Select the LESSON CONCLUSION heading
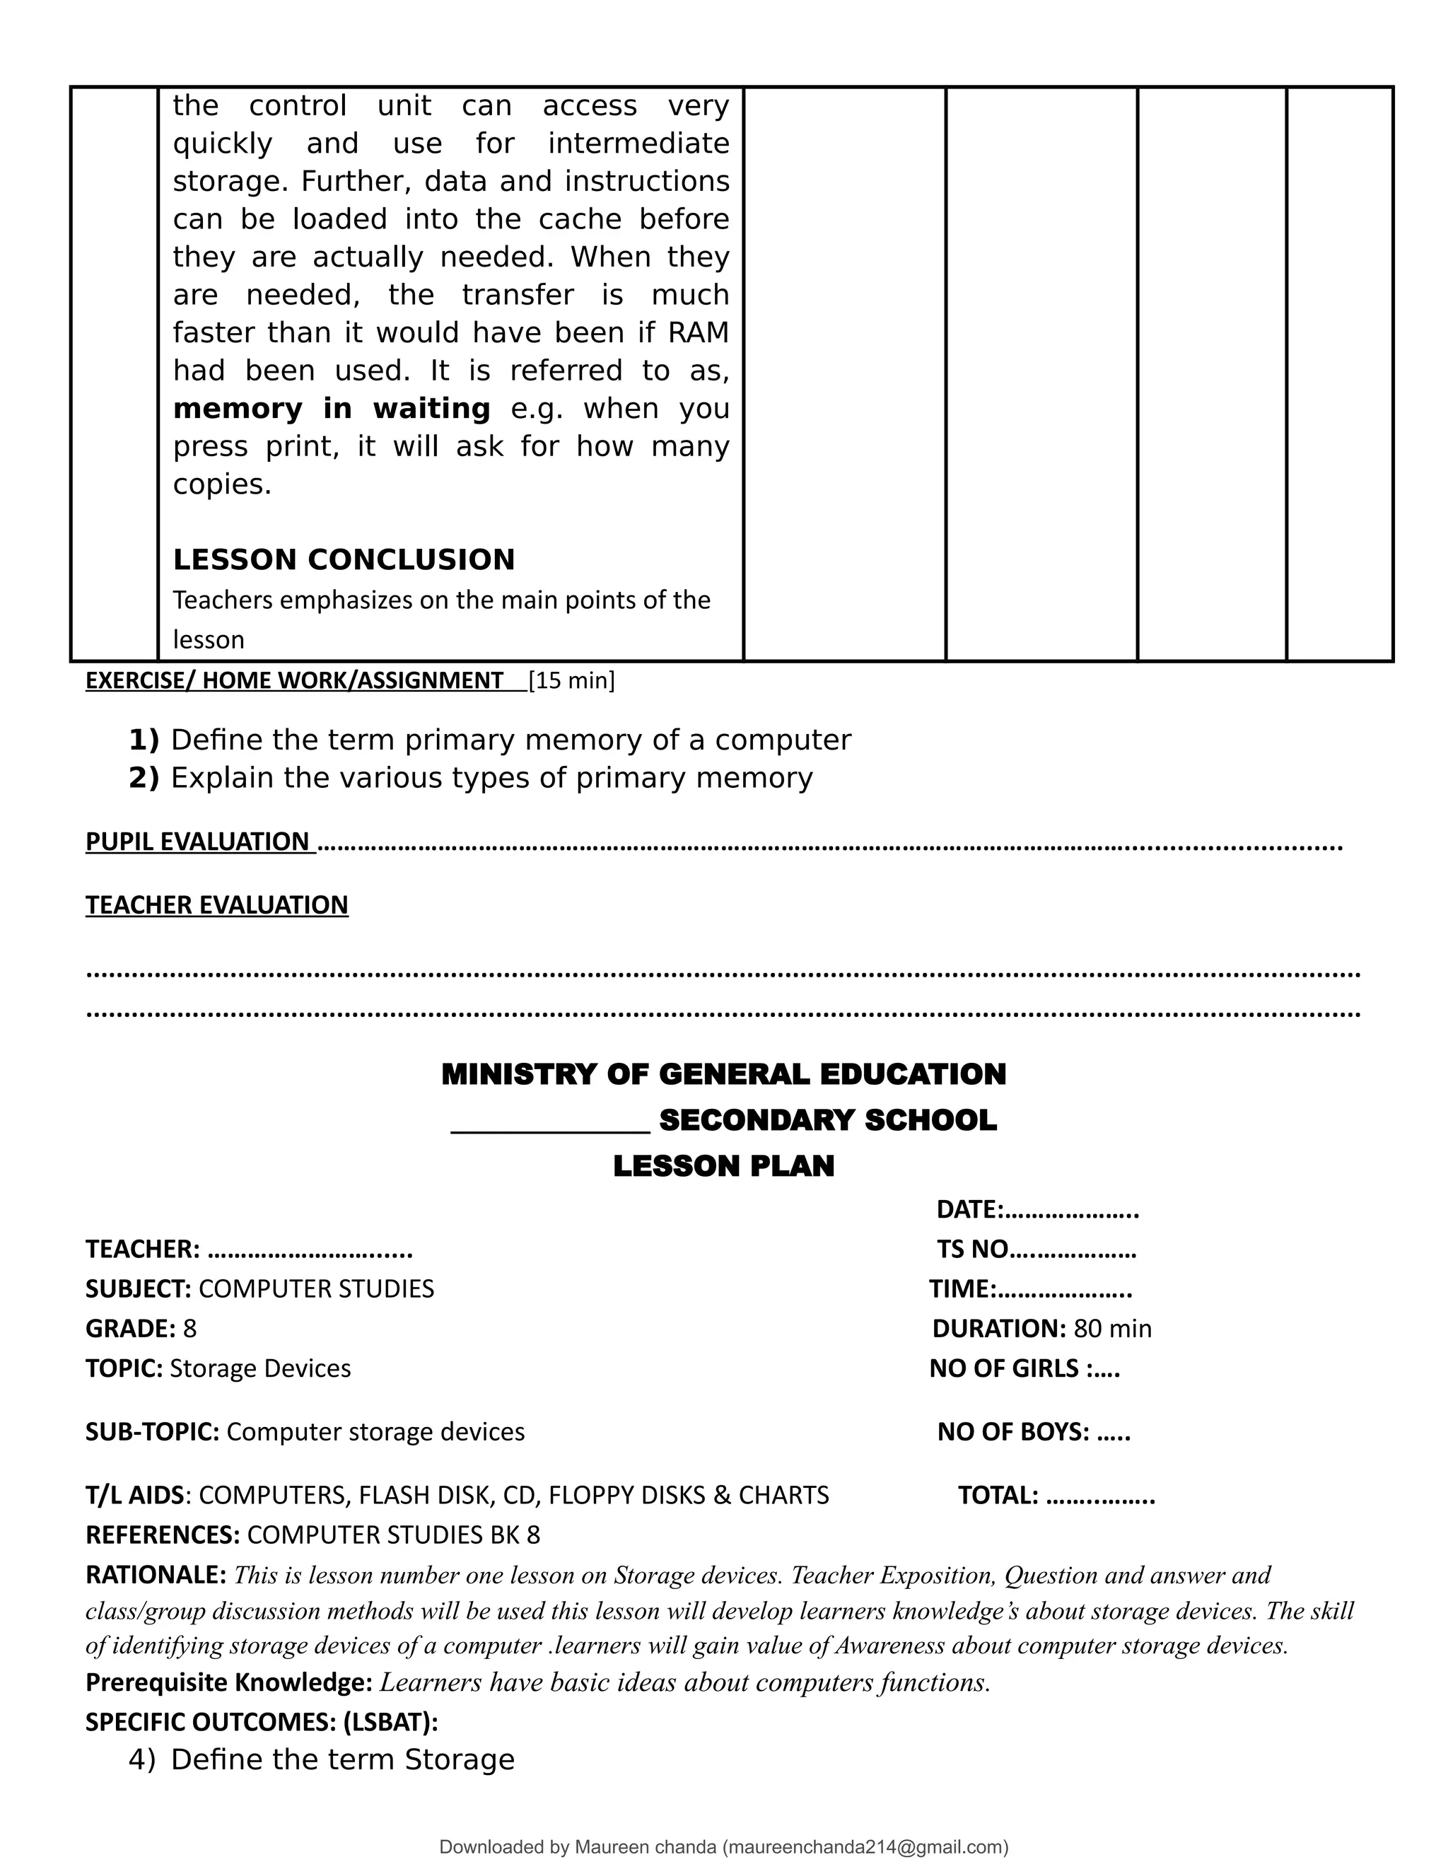point(344,559)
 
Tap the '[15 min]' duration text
point(571,680)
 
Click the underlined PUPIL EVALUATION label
point(198,841)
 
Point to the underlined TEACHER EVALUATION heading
point(217,904)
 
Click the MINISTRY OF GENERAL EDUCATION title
point(723,1074)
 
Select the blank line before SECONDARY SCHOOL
point(550,1122)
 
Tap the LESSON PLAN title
point(723,1166)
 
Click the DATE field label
point(969,1209)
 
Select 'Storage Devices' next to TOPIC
point(260,1368)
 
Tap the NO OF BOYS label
point(1013,1431)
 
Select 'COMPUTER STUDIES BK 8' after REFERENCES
point(393,1535)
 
